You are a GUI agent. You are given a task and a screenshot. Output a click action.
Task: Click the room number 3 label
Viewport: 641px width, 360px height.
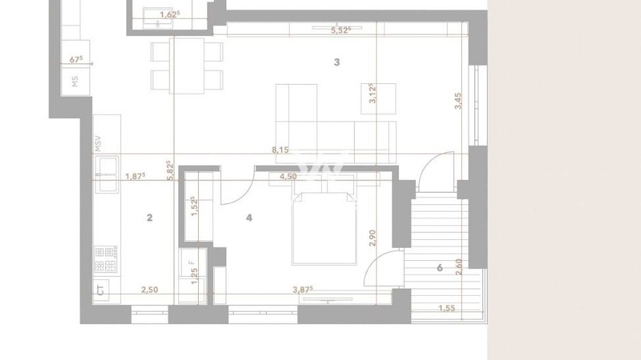click(336, 62)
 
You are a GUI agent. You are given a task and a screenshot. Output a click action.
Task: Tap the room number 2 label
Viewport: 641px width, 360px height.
click(149, 218)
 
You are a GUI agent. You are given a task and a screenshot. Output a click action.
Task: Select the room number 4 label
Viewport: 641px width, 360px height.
click(249, 218)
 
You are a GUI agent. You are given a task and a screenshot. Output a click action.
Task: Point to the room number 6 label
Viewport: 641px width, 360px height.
click(439, 268)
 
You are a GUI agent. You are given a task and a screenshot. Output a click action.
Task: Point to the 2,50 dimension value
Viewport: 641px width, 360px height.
click(149, 290)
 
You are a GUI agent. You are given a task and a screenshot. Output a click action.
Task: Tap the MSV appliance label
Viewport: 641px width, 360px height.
click(98, 143)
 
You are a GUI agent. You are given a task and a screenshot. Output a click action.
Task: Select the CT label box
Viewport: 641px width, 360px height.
click(100, 290)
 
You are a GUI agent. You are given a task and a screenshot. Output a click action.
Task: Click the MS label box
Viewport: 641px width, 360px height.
click(75, 82)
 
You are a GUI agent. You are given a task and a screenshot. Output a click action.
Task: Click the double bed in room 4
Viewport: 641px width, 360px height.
click(325, 229)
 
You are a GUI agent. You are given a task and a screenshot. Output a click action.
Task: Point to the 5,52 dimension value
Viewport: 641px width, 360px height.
click(340, 30)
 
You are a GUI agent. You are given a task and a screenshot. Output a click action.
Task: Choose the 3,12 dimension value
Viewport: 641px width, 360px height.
click(372, 93)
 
